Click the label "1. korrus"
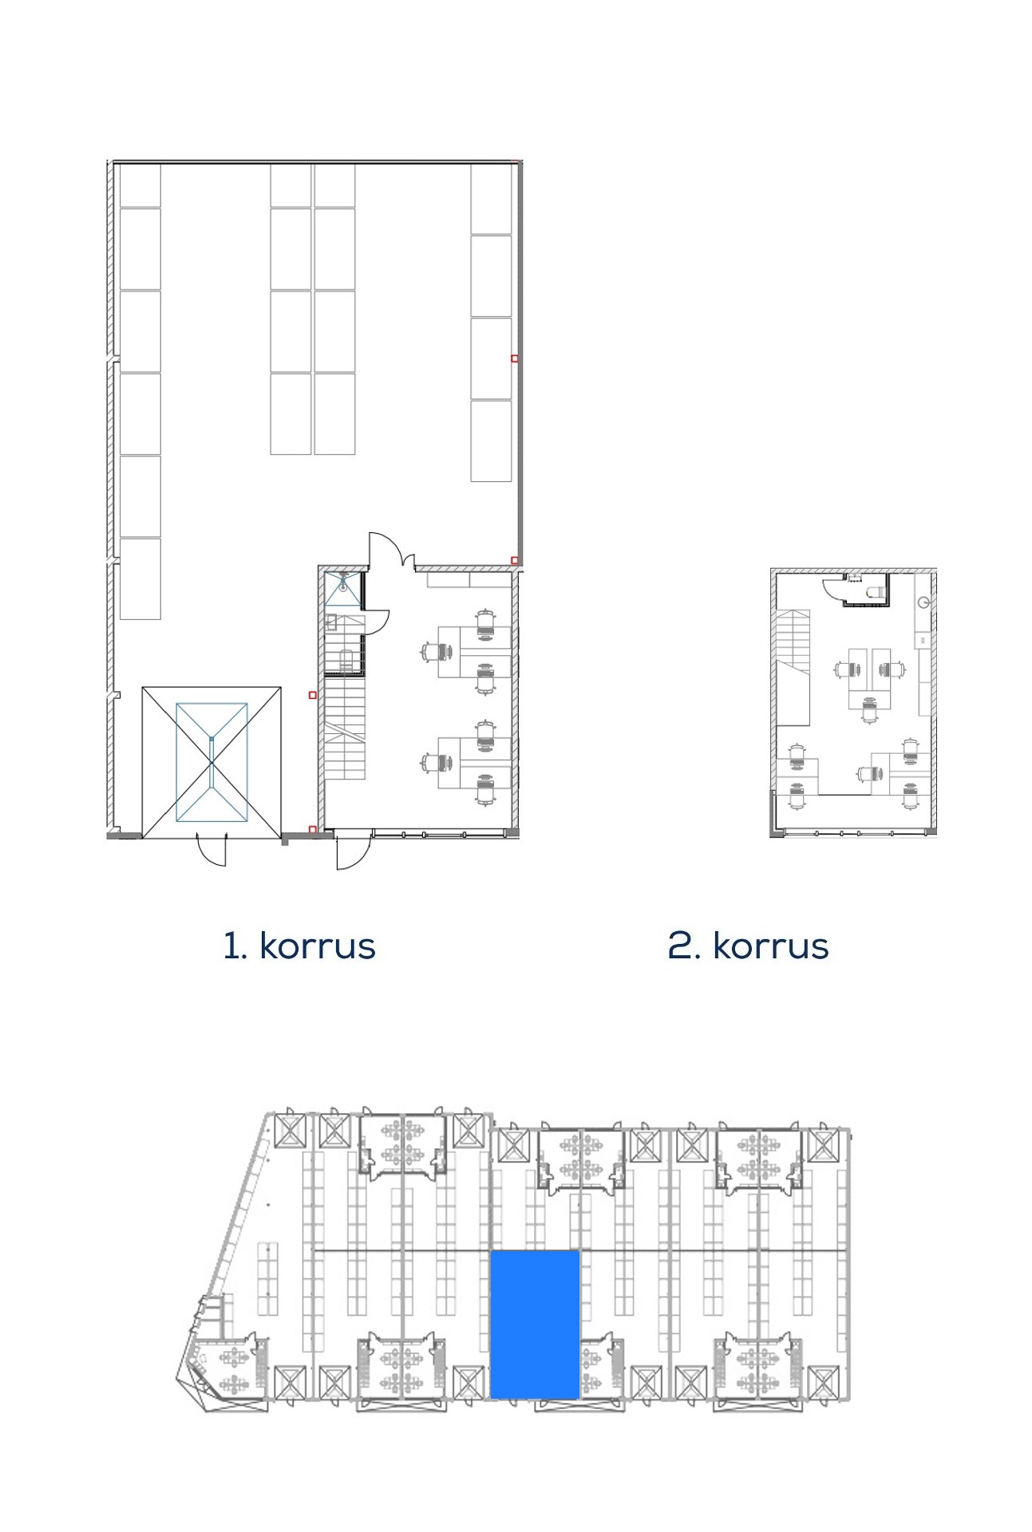(x=299, y=946)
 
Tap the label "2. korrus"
(x=748, y=946)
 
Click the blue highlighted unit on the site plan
(x=534, y=1325)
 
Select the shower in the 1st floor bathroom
(x=342, y=588)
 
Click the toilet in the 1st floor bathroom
(x=346, y=661)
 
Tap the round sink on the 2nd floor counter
(x=924, y=602)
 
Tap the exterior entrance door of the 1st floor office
(x=351, y=851)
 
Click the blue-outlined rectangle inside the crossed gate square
(x=212, y=762)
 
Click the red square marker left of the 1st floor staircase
(x=313, y=695)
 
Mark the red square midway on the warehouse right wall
(x=515, y=358)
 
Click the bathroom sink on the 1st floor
(x=331, y=623)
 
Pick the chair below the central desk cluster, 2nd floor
(x=870, y=709)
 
